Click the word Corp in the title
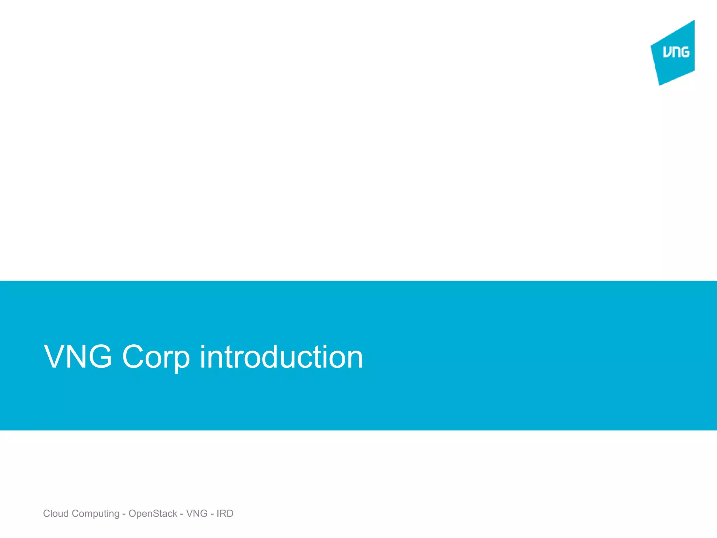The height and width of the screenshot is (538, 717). click(x=155, y=357)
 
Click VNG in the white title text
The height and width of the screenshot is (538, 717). click(x=78, y=357)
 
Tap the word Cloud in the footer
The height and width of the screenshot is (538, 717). click(x=56, y=513)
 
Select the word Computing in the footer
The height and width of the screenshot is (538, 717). click(x=96, y=514)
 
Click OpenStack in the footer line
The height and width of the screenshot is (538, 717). click(x=153, y=513)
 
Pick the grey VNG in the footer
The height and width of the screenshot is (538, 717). click(x=197, y=513)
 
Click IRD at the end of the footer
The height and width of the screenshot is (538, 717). click(x=225, y=513)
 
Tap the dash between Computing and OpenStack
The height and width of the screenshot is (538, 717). click(x=124, y=514)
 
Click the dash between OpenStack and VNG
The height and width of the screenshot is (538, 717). click(x=182, y=514)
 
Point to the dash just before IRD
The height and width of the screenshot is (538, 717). click(x=212, y=514)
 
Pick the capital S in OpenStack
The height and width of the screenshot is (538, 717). click(x=156, y=513)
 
